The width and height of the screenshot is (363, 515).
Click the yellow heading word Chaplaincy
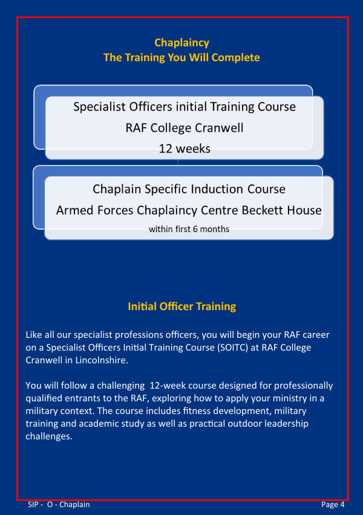182,43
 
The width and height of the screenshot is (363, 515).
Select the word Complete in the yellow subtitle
235,57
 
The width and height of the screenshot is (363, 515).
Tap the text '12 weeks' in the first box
185,149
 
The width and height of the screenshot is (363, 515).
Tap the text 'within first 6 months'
189,229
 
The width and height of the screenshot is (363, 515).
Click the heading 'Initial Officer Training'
182,306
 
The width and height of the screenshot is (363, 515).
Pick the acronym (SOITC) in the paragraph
232,348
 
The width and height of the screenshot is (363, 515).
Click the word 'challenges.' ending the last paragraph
49,436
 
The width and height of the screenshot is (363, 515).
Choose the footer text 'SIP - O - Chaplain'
59,505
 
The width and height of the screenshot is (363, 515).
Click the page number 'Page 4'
333,505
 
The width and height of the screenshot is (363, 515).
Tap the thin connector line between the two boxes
178,162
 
